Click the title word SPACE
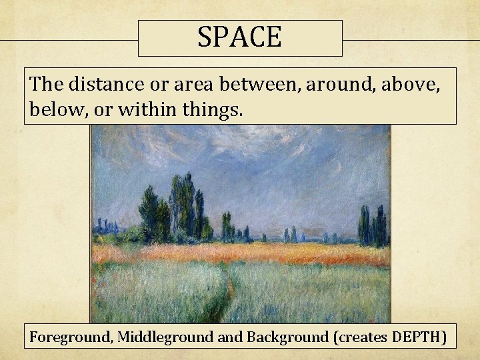[239, 37]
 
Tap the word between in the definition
[250, 84]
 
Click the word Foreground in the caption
[69, 337]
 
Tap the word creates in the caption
[360, 337]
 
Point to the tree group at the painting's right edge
[373, 225]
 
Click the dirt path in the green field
[228, 293]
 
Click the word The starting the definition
[45, 84]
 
